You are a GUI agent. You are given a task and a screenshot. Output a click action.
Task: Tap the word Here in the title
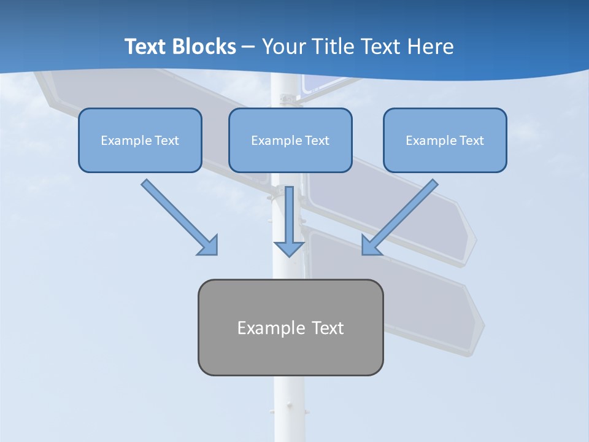pos(431,47)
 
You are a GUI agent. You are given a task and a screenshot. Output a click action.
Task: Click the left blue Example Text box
pos(140,141)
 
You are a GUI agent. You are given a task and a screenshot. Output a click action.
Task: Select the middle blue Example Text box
pos(290,141)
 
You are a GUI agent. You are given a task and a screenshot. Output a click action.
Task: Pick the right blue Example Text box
pos(445,141)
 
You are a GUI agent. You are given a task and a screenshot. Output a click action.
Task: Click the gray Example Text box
pos(290,328)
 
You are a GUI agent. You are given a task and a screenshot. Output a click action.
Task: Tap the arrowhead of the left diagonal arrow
pos(209,246)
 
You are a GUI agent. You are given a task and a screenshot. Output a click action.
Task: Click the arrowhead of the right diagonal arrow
pos(371,246)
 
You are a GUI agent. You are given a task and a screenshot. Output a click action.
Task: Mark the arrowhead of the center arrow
pos(289,248)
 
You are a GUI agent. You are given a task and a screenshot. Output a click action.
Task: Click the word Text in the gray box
pos(328,328)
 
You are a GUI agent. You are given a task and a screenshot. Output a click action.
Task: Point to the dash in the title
pos(248,47)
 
